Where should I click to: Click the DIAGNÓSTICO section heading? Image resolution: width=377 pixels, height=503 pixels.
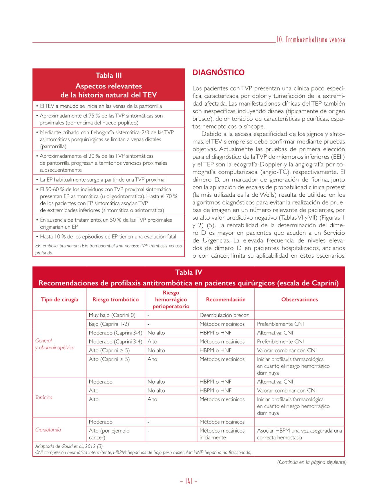pyautogui.click(x=218, y=73)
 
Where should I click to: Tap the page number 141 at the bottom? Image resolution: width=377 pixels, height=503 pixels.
pyautogui.click(x=188, y=481)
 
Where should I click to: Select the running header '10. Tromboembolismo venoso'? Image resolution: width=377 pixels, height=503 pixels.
pyautogui.click(x=311, y=40)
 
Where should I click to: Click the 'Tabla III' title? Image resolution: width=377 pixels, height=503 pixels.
pyautogui.click(x=109, y=76)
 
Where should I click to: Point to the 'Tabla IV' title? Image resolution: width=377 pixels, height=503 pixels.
pyautogui.click(x=188, y=272)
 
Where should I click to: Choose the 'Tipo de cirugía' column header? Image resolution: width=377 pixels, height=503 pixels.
pyautogui.click(x=59, y=300)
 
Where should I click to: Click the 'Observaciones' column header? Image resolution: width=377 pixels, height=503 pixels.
pyautogui.click(x=299, y=300)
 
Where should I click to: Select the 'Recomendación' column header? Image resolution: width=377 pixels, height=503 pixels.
pyautogui.click(x=226, y=300)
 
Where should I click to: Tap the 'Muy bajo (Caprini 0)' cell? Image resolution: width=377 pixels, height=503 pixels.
pyautogui.click(x=112, y=315)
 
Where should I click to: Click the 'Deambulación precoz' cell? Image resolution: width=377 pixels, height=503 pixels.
pyautogui.click(x=224, y=315)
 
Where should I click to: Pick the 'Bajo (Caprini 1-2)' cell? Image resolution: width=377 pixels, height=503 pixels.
pyautogui.click(x=109, y=324)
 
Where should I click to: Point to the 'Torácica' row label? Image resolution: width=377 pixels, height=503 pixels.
pyautogui.click(x=44, y=397)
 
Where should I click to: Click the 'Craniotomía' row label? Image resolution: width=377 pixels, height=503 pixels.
pyautogui.click(x=48, y=430)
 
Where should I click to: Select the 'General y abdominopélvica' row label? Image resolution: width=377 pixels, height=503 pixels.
pyautogui.click(x=55, y=344)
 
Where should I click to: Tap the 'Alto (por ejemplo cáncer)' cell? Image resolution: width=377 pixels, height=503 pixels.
pyautogui.click(x=109, y=434)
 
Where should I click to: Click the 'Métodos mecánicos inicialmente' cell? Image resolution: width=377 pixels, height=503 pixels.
pyautogui.click(x=222, y=434)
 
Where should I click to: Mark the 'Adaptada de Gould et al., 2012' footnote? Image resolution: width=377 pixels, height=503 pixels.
pyautogui.click(x=69, y=446)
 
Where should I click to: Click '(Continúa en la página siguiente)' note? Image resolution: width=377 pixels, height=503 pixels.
pyautogui.click(x=311, y=462)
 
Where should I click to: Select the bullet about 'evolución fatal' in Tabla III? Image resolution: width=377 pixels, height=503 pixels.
pyautogui.click(x=108, y=237)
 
